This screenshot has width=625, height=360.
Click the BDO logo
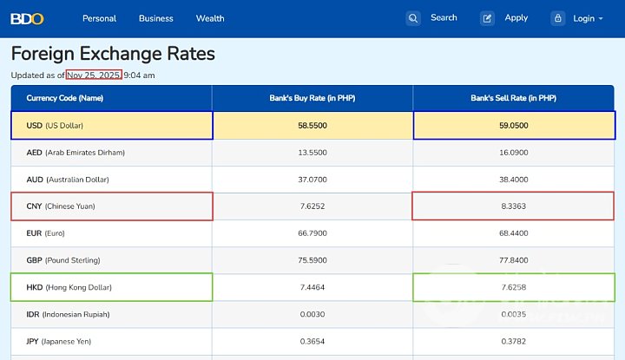[x=27, y=18]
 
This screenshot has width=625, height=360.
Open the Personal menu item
[x=99, y=18]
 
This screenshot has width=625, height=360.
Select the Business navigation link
[x=156, y=18]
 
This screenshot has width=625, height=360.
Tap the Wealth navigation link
[x=210, y=18]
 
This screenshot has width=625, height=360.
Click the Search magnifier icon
[x=413, y=18]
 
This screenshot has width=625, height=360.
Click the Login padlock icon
[x=558, y=18]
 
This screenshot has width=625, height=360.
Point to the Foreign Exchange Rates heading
[x=113, y=54]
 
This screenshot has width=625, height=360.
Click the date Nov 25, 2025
[x=88, y=75]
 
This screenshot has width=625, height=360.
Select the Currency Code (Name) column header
[x=65, y=98]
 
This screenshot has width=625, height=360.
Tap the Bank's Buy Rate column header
[x=312, y=98]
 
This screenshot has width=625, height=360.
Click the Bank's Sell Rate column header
[x=513, y=98]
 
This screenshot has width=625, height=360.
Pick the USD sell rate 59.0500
[x=513, y=126]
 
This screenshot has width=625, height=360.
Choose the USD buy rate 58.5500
[x=312, y=126]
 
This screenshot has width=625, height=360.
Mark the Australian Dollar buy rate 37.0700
[x=312, y=180]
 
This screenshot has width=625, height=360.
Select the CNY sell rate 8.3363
[x=513, y=206]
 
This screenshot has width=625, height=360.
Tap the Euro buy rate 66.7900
[x=312, y=233]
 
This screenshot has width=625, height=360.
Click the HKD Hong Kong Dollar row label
[x=69, y=287]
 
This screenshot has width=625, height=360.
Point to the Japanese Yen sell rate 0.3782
[x=513, y=341]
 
